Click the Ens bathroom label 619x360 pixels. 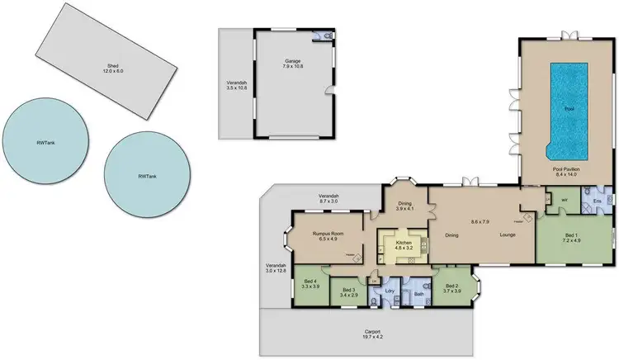click(596, 200)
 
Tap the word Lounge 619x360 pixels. click(508, 235)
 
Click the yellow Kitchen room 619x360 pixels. click(402, 246)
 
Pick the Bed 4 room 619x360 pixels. click(309, 288)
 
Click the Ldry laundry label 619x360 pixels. click(389, 291)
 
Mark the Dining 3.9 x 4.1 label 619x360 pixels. click(405, 208)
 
